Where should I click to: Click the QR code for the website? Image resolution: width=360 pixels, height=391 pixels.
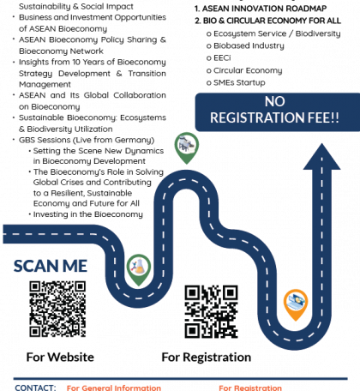click(x=57, y=309)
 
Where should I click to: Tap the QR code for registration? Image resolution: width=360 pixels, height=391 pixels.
click(x=211, y=312)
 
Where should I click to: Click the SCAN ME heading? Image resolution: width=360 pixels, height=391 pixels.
click(x=51, y=266)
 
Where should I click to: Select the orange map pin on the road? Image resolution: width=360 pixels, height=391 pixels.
click(x=296, y=304)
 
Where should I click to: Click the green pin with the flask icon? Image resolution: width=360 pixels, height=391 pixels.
click(x=139, y=269)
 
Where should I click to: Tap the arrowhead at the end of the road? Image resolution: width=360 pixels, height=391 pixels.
click(x=321, y=157)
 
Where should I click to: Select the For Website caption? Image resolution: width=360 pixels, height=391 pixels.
click(x=60, y=358)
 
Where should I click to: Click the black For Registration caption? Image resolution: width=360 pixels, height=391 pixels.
click(x=207, y=358)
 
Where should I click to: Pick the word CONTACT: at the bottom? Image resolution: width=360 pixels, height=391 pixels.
click(x=35, y=388)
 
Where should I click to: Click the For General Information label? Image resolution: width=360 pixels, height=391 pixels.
click(x=114, y=388)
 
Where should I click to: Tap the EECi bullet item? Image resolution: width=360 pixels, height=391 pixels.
click(x=219, y=58)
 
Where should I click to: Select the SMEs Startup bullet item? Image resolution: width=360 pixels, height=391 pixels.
click(x=236, y=82)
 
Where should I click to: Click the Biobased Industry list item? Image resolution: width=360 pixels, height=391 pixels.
click(x=245, y=45)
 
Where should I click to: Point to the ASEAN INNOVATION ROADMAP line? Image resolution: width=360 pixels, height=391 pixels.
click(x=261, y=9)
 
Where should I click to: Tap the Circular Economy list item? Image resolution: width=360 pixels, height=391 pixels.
click(x=244, y=70)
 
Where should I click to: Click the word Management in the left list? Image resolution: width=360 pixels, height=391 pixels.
click(x=45, y=85)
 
